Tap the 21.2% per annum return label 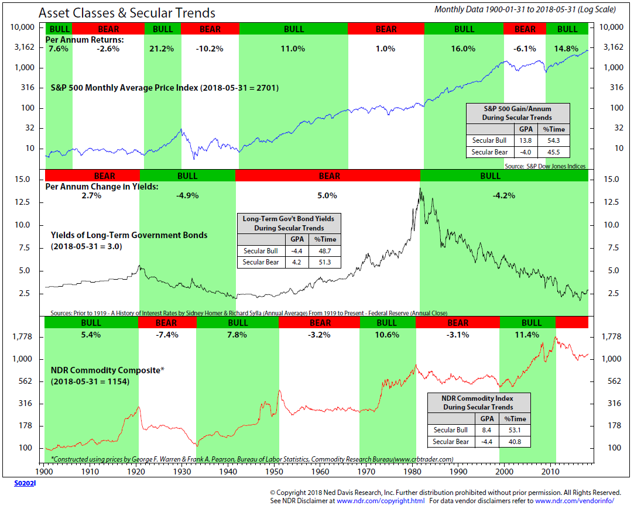pos(162,49)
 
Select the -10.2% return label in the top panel pos(210,49)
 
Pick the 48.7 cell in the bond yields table pos(324,251)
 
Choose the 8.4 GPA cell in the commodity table pos(486,430)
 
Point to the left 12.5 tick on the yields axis pos(23,202)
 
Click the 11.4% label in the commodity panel pos(530,335)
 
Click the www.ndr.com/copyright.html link pos(381,501)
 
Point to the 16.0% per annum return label pos(464,49)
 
